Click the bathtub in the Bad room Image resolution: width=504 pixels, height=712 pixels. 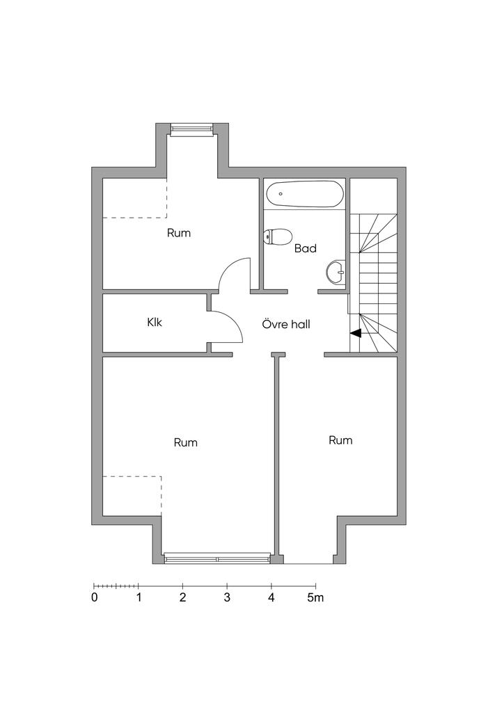[x=304, y=195]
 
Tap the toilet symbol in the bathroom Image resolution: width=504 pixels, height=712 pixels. [x=277, y=236]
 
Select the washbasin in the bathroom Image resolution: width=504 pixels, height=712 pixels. [x=336, y=272]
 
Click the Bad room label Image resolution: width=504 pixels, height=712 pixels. [x=306, y=248]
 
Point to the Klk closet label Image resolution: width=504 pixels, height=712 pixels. [x=155, y=323]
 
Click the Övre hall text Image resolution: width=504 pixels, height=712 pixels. [x=286, y=324]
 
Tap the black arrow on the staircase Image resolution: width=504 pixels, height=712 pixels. [x=356, y=333]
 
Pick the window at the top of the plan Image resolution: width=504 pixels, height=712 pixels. [x=191, y=130]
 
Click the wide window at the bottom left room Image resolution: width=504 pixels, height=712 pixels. [x=217, y=558]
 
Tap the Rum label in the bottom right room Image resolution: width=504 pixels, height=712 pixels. [x=340, y=440]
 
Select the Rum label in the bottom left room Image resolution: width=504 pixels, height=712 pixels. [x=185, y=442]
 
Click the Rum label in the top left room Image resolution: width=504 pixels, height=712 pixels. [x=179, y=233]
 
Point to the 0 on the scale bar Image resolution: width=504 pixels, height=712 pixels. [x=95, y=597]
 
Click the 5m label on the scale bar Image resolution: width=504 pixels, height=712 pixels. [x=315, y=597]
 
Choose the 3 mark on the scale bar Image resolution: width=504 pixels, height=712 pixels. [x=227, y=597]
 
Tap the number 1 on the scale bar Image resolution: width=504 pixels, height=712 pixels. [x=139, y=597]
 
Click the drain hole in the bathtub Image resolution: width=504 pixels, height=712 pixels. [x=281, y=194]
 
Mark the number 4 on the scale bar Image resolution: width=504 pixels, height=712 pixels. [x=271, y=597]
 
